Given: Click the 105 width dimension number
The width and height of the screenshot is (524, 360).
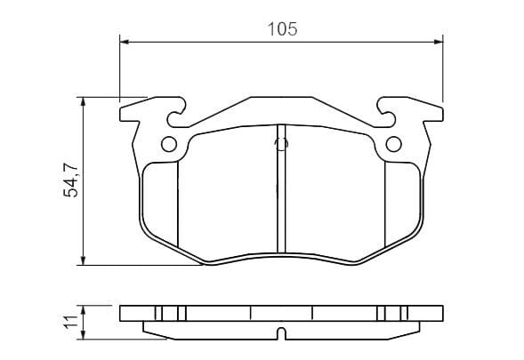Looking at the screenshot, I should [281, 28].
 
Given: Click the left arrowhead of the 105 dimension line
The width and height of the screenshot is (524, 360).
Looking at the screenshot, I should [125, 41].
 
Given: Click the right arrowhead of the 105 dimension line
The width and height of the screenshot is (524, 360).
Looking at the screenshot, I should [438, 41].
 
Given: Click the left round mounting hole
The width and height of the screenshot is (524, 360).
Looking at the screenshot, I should [168, 146].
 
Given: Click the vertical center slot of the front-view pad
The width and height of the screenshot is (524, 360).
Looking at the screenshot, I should [281, 200].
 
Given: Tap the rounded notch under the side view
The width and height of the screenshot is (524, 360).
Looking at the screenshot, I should [281, 334].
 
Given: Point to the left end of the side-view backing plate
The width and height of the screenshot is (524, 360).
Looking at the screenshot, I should [122, 314].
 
